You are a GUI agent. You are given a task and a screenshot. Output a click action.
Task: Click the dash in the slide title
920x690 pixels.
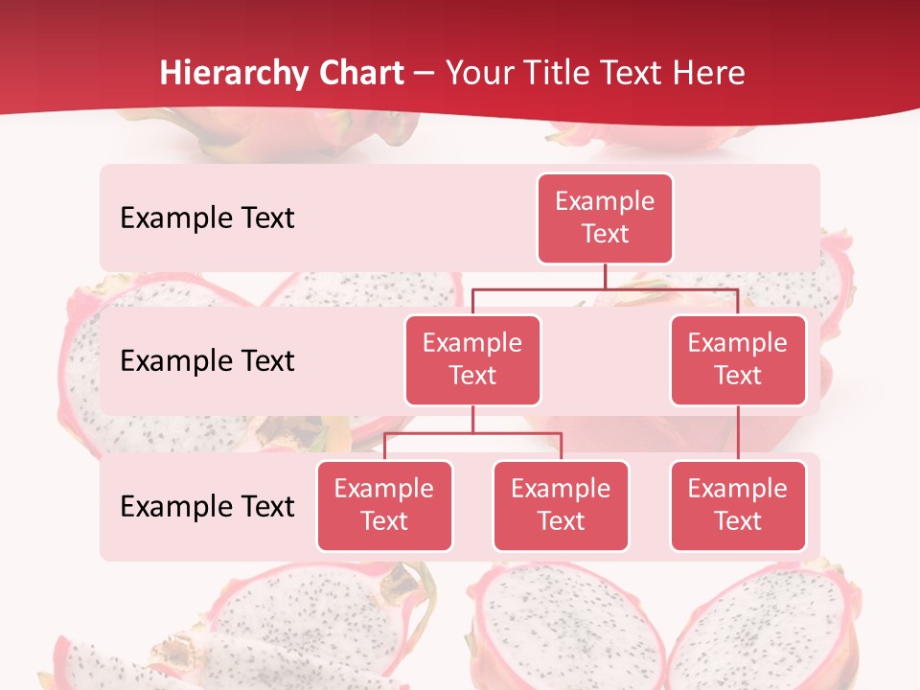425,75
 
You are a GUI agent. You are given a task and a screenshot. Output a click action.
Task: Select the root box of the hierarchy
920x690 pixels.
605,218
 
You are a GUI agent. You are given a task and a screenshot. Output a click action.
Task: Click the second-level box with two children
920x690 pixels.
472,360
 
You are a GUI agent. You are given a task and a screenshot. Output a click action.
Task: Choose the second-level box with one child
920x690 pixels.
738,360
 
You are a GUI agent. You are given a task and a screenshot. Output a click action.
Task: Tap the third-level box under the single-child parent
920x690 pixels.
738,506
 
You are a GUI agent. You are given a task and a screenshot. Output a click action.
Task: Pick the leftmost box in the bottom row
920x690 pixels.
384,506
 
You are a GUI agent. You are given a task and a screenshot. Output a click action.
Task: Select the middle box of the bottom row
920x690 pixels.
561,506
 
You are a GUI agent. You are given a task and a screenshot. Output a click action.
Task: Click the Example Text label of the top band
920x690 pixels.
207,218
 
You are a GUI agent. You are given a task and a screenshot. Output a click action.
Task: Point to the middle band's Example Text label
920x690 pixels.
207,361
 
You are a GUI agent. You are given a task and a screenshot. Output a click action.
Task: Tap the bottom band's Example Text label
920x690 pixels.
207,506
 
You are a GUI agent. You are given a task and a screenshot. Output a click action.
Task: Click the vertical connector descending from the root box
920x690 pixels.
605,276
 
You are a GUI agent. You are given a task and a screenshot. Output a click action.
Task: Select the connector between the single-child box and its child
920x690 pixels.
738,433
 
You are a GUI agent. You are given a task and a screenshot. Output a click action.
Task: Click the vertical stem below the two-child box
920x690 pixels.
472,420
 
